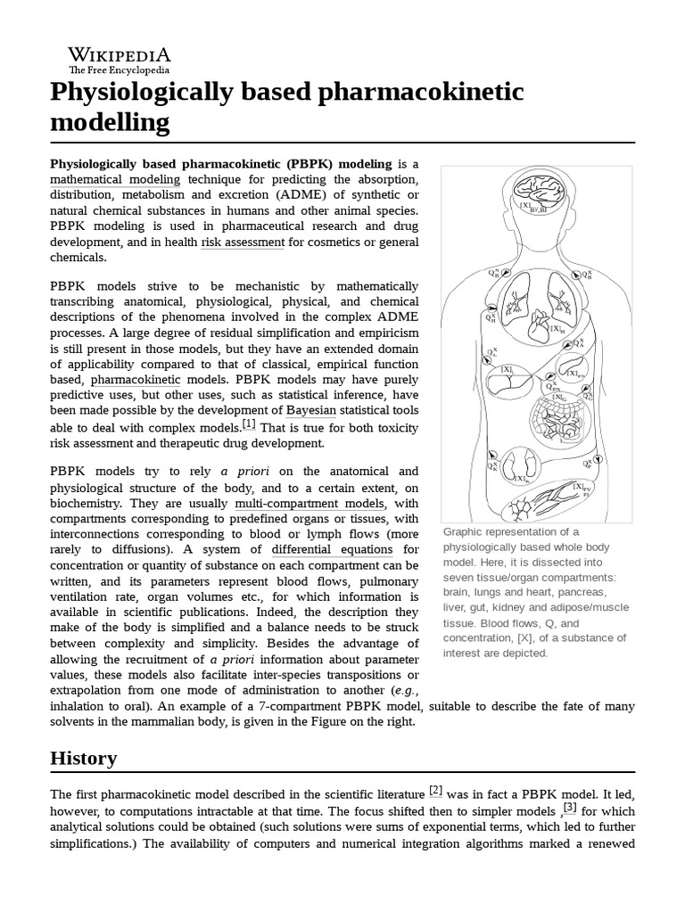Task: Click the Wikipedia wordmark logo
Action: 119,59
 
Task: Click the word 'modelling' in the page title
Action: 110,122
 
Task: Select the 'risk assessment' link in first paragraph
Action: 243,242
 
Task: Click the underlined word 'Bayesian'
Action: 311,410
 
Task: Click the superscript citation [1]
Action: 248,424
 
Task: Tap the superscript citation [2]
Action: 435,789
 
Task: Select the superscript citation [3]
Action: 569,808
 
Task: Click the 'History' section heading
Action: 84,758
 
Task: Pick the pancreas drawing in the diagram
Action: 570,367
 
